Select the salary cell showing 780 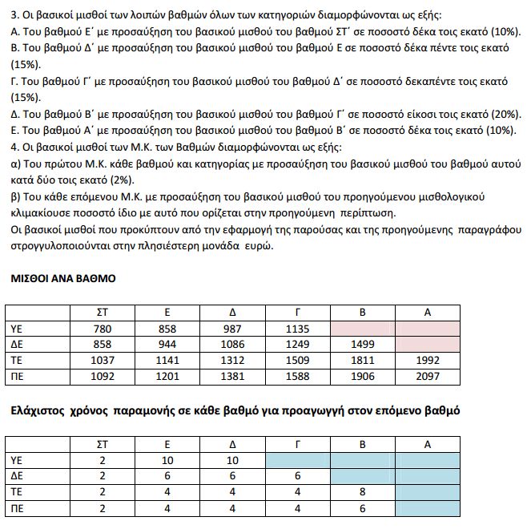100,328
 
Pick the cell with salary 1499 363,344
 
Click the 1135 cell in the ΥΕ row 297,328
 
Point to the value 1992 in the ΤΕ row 429,360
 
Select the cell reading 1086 231,344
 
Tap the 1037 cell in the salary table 100,360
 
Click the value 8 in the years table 363,491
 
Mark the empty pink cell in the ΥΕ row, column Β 363,328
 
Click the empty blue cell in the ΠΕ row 429,507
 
